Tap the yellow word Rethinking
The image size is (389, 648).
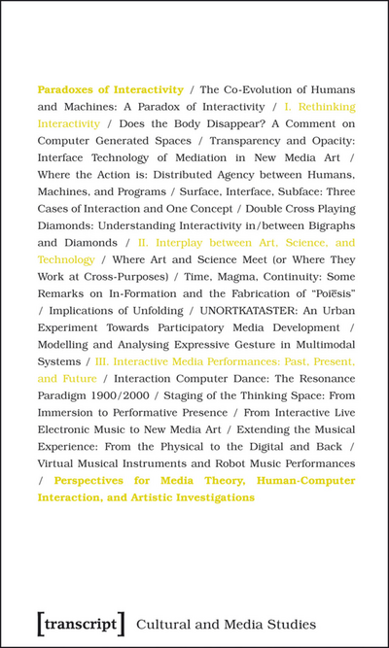click(324, 106)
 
